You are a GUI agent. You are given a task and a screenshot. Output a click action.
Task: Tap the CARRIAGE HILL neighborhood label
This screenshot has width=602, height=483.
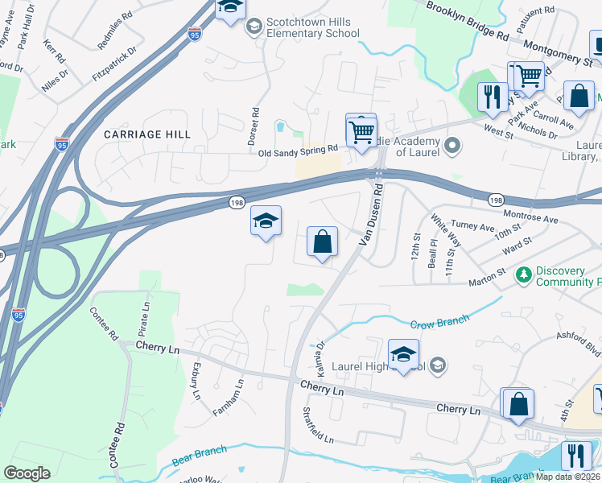(147, 134)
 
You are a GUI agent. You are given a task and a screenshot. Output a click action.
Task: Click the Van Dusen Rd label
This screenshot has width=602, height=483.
(373, 217)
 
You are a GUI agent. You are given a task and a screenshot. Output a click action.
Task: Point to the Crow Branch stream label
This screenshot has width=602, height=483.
(439, 322)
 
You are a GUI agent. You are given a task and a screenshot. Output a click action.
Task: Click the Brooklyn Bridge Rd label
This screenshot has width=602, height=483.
(468, 21)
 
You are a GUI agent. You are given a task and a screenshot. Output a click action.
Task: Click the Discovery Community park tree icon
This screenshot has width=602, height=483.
(524, 275)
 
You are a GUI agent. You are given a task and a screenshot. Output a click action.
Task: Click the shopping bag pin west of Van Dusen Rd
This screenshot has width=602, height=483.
(322, 242)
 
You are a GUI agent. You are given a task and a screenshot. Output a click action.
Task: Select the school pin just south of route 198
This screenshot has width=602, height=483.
(266, 221)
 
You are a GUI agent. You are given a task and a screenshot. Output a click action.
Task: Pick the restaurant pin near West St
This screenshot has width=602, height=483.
(491, 97)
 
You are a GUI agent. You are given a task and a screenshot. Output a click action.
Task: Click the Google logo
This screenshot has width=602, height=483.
(27, 473)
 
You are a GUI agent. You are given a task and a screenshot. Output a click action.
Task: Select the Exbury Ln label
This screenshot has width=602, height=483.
(195, 380)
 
